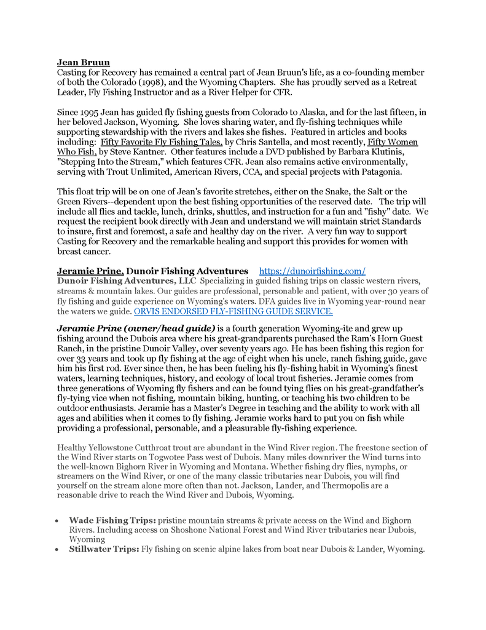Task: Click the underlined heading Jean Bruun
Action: pos(84,62)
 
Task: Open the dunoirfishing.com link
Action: pos(313,271)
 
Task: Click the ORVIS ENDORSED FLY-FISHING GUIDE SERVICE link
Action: pos(233,311)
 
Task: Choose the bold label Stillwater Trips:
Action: pos(104,549)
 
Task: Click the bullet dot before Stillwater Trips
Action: pos(57,549)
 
